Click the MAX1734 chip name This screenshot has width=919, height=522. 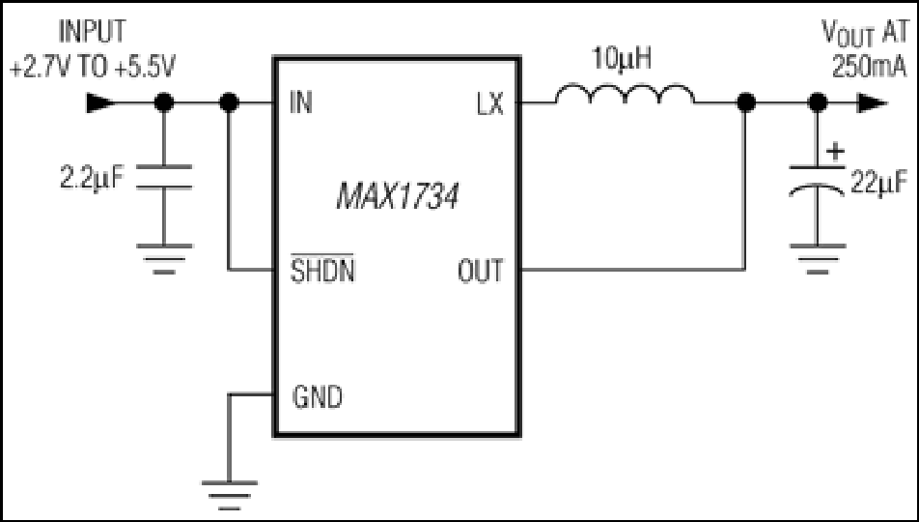point(398,196)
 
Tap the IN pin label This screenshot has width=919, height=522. point(301,102)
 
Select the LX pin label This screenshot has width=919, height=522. point(490,104)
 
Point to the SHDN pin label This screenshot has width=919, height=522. point(323,270)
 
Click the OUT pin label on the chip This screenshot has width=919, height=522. point(480,271)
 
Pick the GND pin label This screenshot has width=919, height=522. point(317,397)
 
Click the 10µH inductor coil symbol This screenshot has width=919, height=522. point(625,94)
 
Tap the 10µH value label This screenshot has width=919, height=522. point(622,59)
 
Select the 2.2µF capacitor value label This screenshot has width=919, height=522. point(93,178)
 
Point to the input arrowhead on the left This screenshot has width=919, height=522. point(100,102)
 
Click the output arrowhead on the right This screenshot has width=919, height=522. point(873,103)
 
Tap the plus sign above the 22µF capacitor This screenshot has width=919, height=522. point(835,152)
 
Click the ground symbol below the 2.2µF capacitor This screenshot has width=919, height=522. point(164,259)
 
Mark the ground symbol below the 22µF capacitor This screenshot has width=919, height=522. point(818,259)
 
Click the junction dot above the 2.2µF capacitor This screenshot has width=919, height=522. point(164,102)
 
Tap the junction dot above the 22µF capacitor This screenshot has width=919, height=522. point(818,103)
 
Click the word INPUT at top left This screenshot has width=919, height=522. point(92,32)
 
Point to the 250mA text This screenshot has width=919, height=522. point(869,67)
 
